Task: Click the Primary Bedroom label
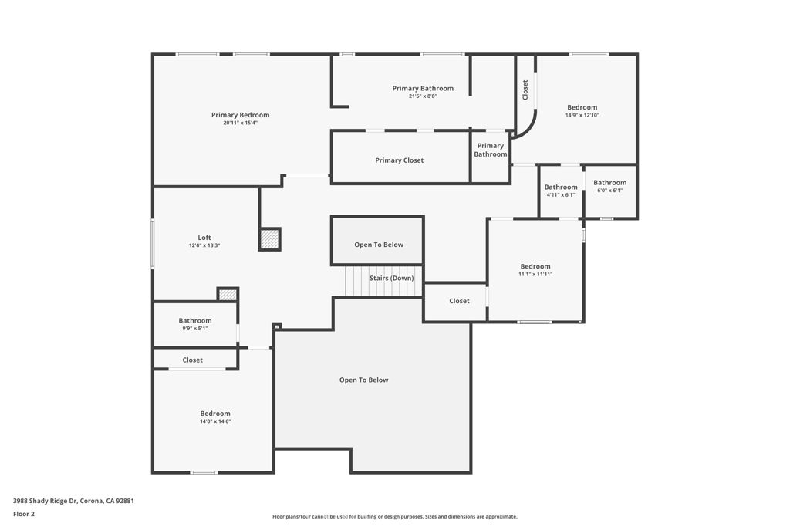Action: coord(241,115)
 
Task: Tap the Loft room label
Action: coord(204,238)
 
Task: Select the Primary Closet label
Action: coord(400,160)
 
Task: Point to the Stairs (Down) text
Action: coord(391,278)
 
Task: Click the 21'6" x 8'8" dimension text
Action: coord(423,96)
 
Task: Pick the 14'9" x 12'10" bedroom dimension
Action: coord(582,115)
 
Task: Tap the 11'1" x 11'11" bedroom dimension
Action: coord(535,274)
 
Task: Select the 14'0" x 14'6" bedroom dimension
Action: coord(215,421)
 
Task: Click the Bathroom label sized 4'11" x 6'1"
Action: coord(561,187)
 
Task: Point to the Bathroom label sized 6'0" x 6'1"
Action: coord(609,182)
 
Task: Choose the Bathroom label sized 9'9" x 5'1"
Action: coord(195,320)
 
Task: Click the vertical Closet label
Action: coord(525,90)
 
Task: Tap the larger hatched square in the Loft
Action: coord(269,239)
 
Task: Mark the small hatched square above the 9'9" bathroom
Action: coord(228,295)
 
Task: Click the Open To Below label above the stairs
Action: coord(379,245)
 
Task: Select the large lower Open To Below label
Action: coord(364,380)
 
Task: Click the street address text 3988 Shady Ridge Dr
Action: coord(46,501)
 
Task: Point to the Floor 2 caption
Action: coord(24,514)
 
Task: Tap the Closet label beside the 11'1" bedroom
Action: coord(459,301)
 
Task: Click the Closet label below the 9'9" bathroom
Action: coord(192,360)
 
